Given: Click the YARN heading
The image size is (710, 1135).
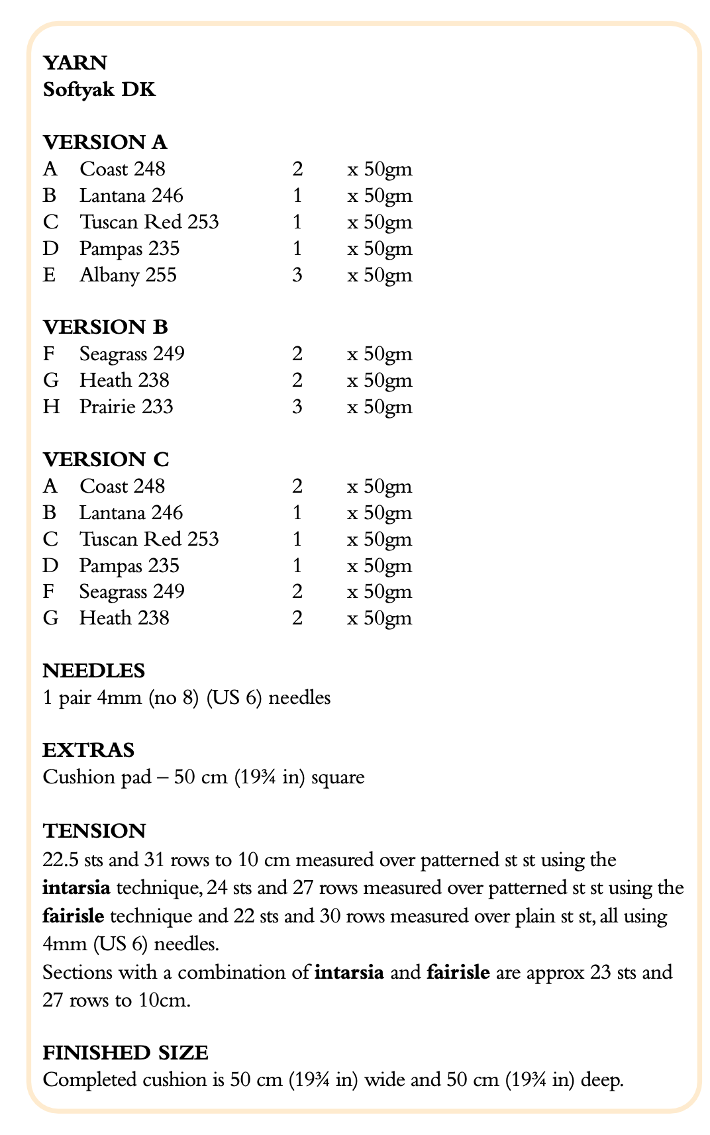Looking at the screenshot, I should [75, 63].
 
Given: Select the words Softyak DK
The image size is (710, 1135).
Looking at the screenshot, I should [99, 89].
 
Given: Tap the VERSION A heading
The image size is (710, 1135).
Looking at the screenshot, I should [105, 142].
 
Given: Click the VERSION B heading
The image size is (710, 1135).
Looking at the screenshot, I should [105, 327].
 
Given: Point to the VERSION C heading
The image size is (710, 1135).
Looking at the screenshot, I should [105, 460].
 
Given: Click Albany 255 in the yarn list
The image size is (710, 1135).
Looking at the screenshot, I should [128, 275].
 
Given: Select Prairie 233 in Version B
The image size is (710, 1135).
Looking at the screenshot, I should [127, 407].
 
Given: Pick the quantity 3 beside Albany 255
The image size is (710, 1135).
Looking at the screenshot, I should [297, 275].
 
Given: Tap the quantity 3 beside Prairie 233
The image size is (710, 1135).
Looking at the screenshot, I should [297, 407].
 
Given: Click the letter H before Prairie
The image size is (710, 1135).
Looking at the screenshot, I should [51, 407].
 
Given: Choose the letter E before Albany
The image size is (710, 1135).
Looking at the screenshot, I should [50, 275].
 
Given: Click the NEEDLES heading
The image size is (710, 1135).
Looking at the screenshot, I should [93, 671].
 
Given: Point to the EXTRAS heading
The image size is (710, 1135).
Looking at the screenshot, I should [88, 750].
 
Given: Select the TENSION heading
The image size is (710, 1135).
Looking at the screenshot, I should [94, 830].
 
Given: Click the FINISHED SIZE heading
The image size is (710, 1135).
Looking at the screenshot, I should [125, 1052].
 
